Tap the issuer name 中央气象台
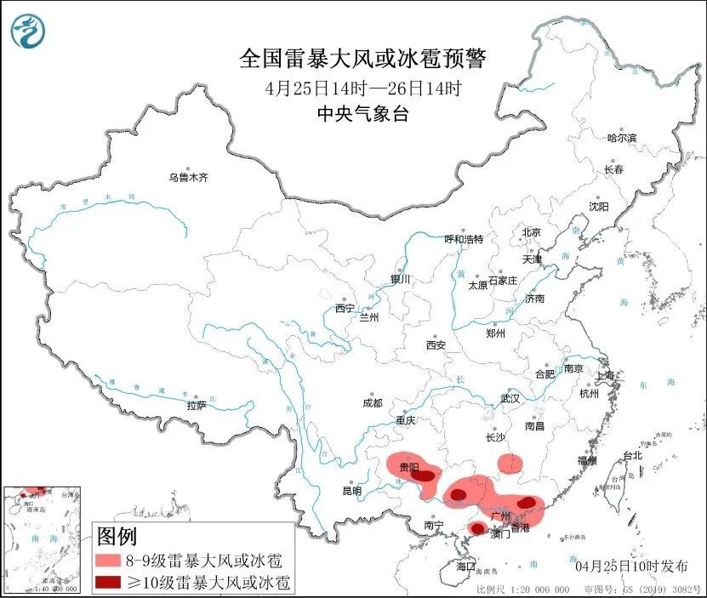pos(362,114)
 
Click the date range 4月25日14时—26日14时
pos(362,87)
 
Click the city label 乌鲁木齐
pos(188,178)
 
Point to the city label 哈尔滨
pos(621,138)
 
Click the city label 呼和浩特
pos(464,239)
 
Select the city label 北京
pos(531,232)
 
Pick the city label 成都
pos(372,402)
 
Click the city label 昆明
pos(351,491)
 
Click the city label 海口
pos(465,566)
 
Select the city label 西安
pos(436,345)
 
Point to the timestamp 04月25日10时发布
pos(625,565)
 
